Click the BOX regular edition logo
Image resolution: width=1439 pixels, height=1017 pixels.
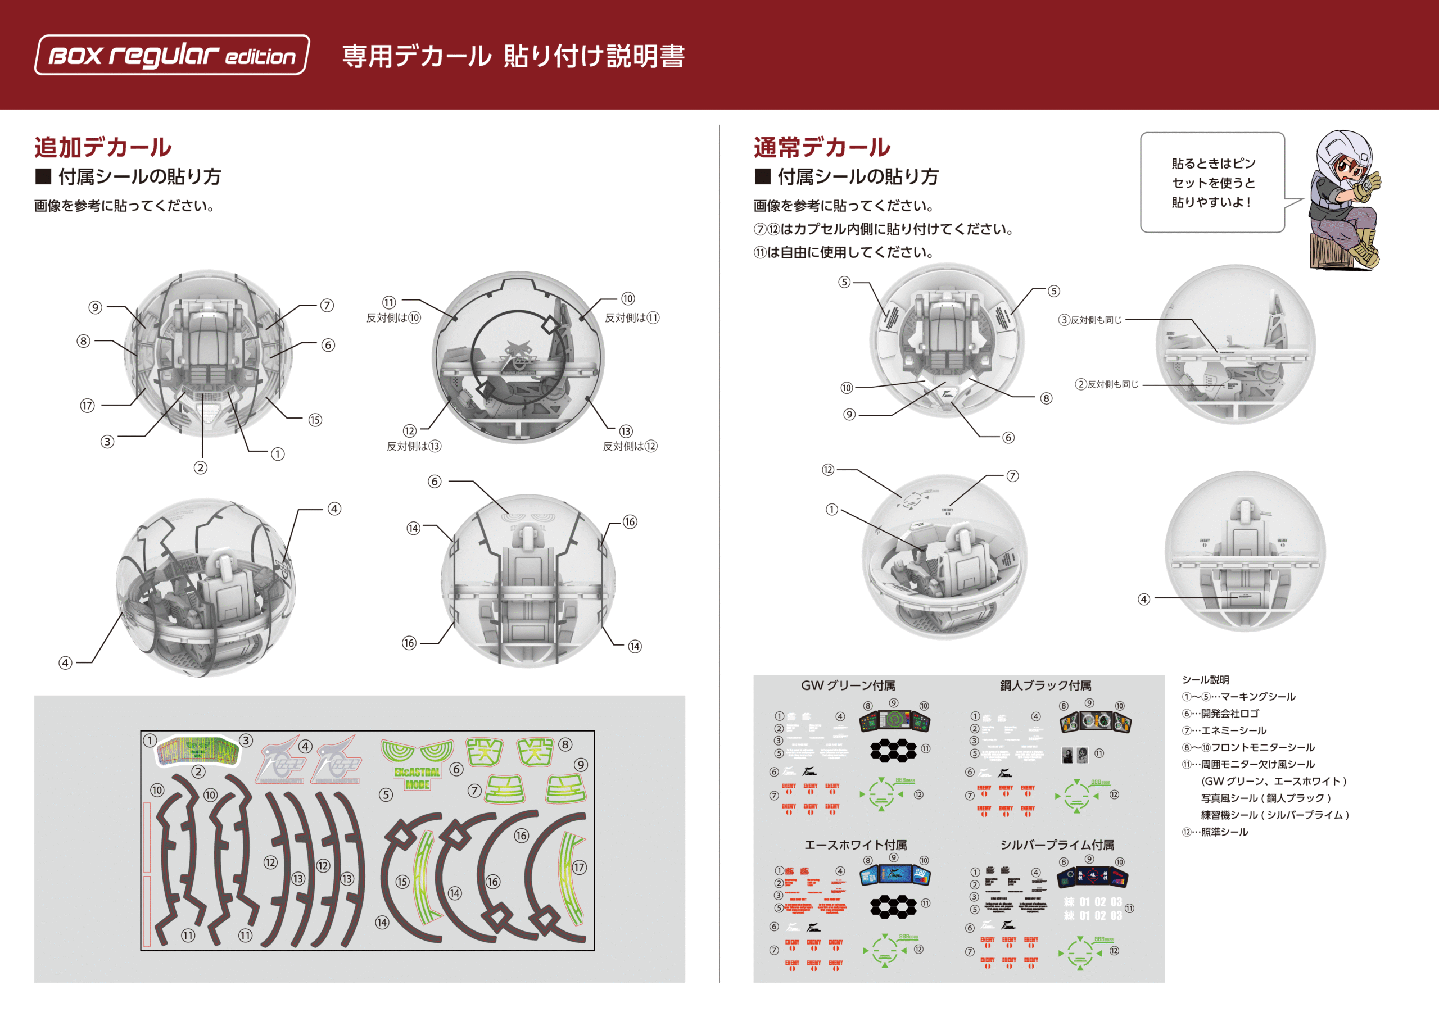(172, 55)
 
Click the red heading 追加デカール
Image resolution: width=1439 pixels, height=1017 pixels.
(103, 147)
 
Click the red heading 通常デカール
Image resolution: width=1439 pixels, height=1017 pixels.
(822, 147)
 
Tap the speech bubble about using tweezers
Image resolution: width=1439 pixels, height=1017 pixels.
(1212, 183)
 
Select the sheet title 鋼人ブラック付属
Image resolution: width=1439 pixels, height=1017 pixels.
(1046, 685)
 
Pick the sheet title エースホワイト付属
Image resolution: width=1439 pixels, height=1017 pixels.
(856, 845)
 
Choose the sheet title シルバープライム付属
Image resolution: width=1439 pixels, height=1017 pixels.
(1057, 845)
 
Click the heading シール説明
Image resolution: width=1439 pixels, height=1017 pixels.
(1205, 680)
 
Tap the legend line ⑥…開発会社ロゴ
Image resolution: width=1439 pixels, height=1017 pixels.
(1220, 714)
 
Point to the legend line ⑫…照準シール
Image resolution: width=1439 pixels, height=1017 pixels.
(1215, 832)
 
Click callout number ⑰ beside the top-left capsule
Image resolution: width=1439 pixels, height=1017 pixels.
(87, 406)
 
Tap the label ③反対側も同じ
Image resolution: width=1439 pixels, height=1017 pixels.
(1090, 320)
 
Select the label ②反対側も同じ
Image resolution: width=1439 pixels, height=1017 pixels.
(1107, 384)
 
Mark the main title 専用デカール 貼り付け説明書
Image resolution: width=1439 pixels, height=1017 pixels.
(513, 56)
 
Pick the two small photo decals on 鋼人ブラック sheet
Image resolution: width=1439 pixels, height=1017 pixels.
(1074, 755)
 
